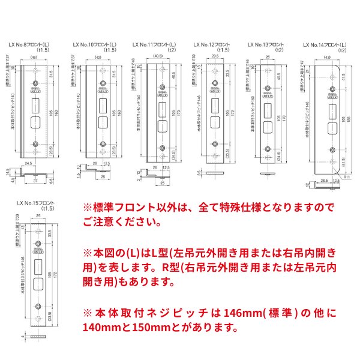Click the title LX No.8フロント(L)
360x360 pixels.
(x=31, y=44)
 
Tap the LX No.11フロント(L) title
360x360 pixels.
(x=154, y=44)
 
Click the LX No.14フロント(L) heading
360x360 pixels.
(x=325, y=44)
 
